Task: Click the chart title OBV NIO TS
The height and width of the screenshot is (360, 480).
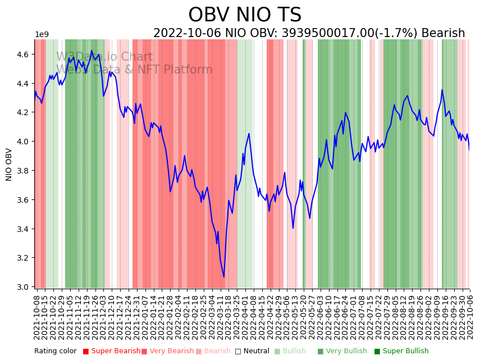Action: click(x=245, y=15)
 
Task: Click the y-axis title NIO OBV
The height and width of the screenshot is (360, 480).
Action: click(x=9, y=164)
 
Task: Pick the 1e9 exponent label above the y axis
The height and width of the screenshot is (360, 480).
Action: click(x=42, y=35)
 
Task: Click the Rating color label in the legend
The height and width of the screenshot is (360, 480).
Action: click(x=55, y=352)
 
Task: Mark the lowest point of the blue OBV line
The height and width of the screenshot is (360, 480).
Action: click(x=223, y=277)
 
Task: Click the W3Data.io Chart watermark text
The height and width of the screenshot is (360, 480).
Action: click(x=104, y=57)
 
